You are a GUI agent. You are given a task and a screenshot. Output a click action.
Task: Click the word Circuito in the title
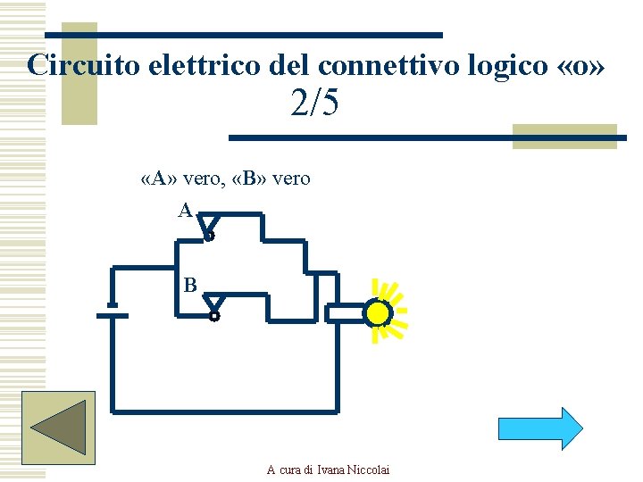point(76,65)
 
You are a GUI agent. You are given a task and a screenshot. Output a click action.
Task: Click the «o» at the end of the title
point(586,65)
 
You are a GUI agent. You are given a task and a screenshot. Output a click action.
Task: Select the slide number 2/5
point(314,105)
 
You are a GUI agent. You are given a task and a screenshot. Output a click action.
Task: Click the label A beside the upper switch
point(184,211)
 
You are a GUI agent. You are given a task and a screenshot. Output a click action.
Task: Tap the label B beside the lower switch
point(189,286)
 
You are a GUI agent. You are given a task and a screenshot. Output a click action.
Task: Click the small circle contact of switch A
point(210,237)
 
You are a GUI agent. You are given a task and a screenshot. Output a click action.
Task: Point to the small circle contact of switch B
point(213,316)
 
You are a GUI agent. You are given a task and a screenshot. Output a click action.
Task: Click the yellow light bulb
point(379,313)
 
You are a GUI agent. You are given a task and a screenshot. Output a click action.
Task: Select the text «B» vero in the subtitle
point(271,179)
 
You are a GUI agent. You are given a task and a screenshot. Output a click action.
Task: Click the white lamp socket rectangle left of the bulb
point(344,313)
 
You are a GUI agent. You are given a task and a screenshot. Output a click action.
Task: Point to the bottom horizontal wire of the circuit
point(223,412)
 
